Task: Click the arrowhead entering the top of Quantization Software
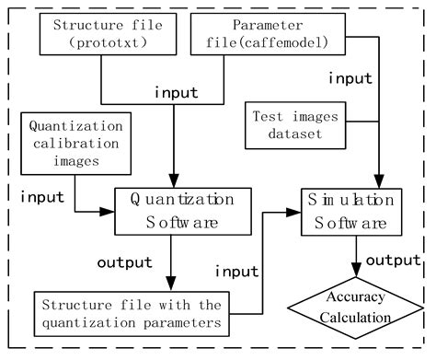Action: (x=173, y=182)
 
